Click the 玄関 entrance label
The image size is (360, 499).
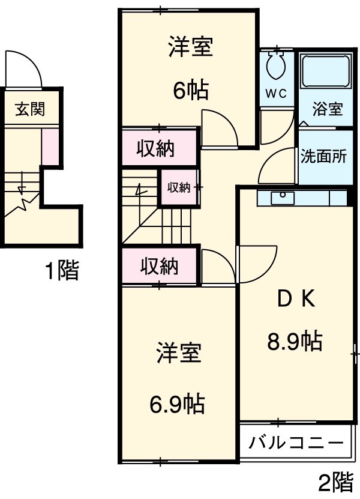pyautogui.click(x=29, y=109)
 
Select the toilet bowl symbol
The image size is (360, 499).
pyautogui.click(x=276, y=65)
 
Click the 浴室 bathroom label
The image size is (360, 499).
pyautogui.click(x=327, y=109)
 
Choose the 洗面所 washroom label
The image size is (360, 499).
pyautogui.click(x=323, y=157)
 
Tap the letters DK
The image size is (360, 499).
pyautogui.click(x=295, y=299)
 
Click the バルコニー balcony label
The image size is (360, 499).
pyautogui.click(x=296, y=444)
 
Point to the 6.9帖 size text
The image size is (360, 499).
pyautogui.click(x=177, y=404)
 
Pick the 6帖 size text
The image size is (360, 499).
pyautogui.click(x=191, y=90)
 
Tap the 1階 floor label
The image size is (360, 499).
pyautogui.click(x=62, y=271)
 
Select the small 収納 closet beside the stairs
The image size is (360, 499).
pyautogui.click(x=178, y=187)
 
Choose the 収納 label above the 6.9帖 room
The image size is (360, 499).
pyautogui.click(x=159, y=266)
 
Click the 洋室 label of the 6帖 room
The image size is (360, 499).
pyautogui.click(x=190, y=47)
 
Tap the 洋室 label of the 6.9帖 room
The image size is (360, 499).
pyautogui.click(x=179, y=354)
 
